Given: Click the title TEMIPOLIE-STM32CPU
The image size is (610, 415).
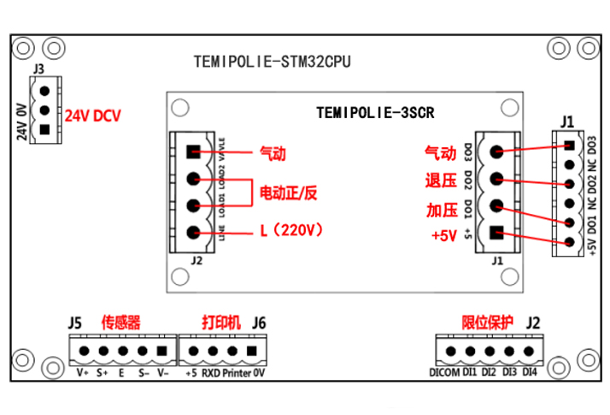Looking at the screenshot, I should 272,62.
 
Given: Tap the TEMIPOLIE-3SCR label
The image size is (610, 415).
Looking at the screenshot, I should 375,111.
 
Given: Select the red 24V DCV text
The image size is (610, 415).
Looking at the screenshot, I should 93,116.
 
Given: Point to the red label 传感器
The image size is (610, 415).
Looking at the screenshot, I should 120,323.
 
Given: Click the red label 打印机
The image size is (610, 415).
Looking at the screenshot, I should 220,323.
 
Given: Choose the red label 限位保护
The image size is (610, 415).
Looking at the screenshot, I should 487,323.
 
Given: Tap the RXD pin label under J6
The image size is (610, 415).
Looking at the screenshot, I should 211,373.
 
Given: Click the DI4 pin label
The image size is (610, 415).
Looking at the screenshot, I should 530,373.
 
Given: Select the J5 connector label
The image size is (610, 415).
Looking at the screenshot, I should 75,323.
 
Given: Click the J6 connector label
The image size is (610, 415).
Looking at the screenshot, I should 259,323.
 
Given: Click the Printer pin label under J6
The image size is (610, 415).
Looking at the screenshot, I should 237,373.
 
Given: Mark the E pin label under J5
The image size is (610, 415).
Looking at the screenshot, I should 121,373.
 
